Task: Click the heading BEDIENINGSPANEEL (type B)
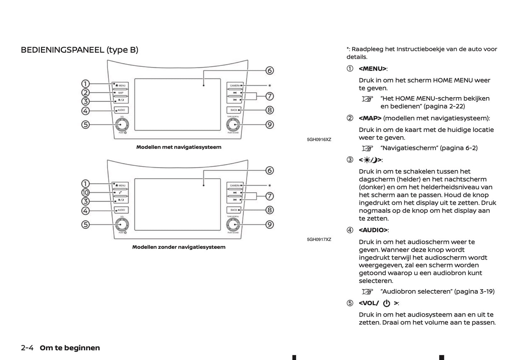(x=79, y=50)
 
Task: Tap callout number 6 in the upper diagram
(x=270, y=70)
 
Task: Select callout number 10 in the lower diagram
(x=85, y=193)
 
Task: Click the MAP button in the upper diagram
(x=121, y=93)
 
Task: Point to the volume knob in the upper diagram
(x=122, y=124)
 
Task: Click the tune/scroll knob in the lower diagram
(x=233, y=224)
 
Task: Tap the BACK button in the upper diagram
(x=234, y=110)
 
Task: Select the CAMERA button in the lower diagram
(x=235, y=186)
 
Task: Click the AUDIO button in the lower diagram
(x=121, y=210)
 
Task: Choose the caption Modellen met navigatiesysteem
(x=179, y=147)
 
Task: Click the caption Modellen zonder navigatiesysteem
(x=179, y=247)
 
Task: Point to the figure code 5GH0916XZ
(x=319, y=139)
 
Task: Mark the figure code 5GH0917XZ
(x=319, y=240)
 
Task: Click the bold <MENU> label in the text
(x=372, y=69)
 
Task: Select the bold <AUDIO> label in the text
(x=373, y=230)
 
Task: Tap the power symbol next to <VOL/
(x=386, y=303)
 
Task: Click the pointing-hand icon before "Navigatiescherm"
(x=367, y=148)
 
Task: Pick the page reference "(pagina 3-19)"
(x=474, y=292)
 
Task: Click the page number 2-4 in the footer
(x=27, y=348)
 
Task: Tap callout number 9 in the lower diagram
(x=270, y=224)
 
